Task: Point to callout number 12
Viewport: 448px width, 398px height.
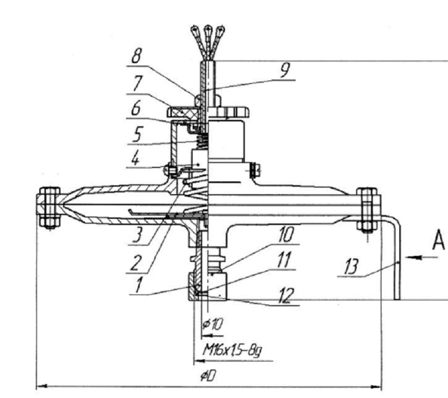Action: tap(287, 294)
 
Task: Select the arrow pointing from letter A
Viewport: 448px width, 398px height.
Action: tap(415, 257)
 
